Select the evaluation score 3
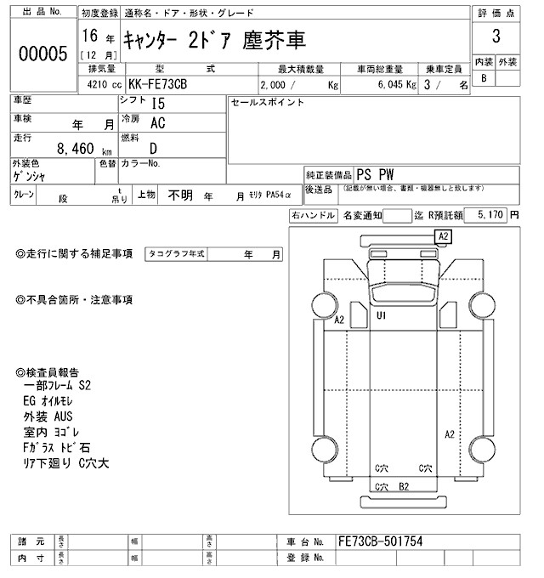coord(495,39)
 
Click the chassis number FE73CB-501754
coord(380,541)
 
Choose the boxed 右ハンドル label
coord(313,216)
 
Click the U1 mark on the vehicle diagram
coord(382,315)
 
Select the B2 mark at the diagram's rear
coord(405,486)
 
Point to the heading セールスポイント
coord(267,102)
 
